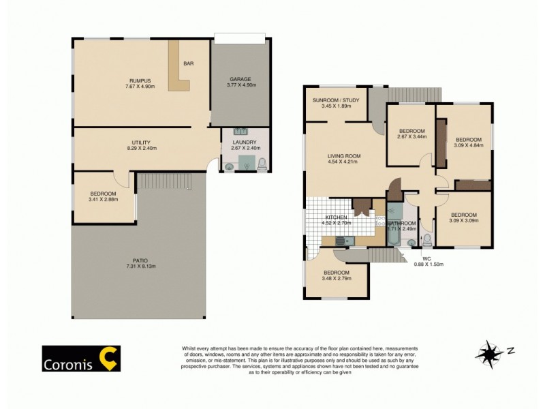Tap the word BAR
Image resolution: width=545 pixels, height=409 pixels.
click(188, 64)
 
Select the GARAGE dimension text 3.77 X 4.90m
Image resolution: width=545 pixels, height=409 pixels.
click(240, 87)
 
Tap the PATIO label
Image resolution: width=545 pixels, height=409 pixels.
click(141, 260)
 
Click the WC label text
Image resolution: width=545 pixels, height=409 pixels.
click(427, 258)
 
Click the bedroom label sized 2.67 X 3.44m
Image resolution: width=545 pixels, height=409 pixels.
click(411, 131)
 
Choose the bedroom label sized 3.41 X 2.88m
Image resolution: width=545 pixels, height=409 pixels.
click(103, 194)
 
